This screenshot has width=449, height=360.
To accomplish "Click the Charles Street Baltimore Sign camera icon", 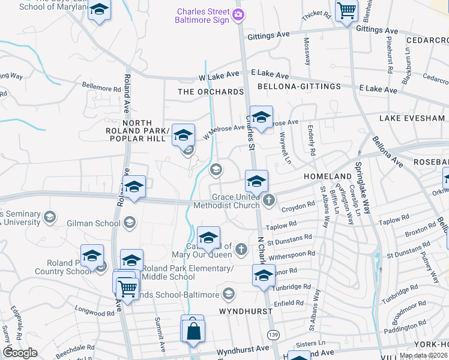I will click(x=239, y=14).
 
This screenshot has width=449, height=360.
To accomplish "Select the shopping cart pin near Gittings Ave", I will click(x=346, y=11).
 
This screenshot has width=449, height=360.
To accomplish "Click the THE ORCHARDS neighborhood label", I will click(x=211, y=92).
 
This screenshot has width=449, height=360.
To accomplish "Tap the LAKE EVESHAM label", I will click(x=412, y=118).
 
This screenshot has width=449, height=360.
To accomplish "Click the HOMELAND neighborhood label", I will click(x=327, y=176).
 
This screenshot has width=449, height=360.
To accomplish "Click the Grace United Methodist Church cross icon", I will click(x=269, y=200).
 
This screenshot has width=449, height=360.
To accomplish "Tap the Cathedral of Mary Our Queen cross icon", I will click(x=241, y=248).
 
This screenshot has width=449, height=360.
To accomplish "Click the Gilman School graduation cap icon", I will click(x=128, y=223).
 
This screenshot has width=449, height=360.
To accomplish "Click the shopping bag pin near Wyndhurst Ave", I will click(x=193, y=332).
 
